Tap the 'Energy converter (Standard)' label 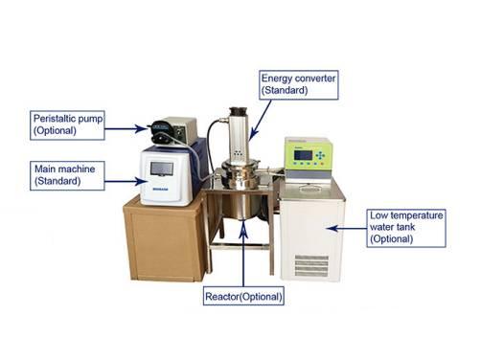(x=296, y=83)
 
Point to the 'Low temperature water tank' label (x=405, y=228)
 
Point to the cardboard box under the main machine (x=164, y=239)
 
